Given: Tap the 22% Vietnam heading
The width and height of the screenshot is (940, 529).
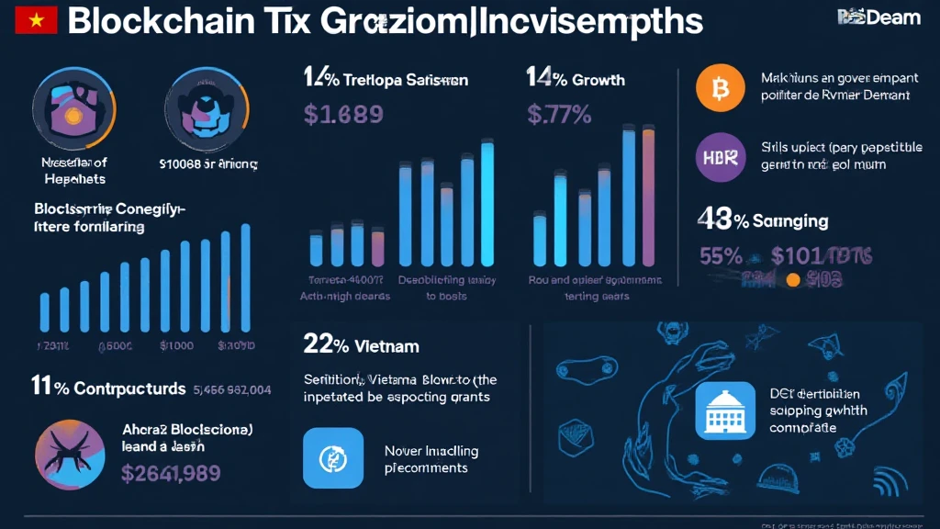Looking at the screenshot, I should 361,345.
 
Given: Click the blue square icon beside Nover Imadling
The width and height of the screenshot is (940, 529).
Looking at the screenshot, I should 327,457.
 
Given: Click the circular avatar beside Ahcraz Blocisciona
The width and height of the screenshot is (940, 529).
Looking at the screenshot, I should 70,450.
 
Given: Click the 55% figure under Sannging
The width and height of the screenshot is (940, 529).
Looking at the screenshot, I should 721,256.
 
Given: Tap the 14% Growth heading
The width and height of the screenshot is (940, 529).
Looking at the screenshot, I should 576,79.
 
